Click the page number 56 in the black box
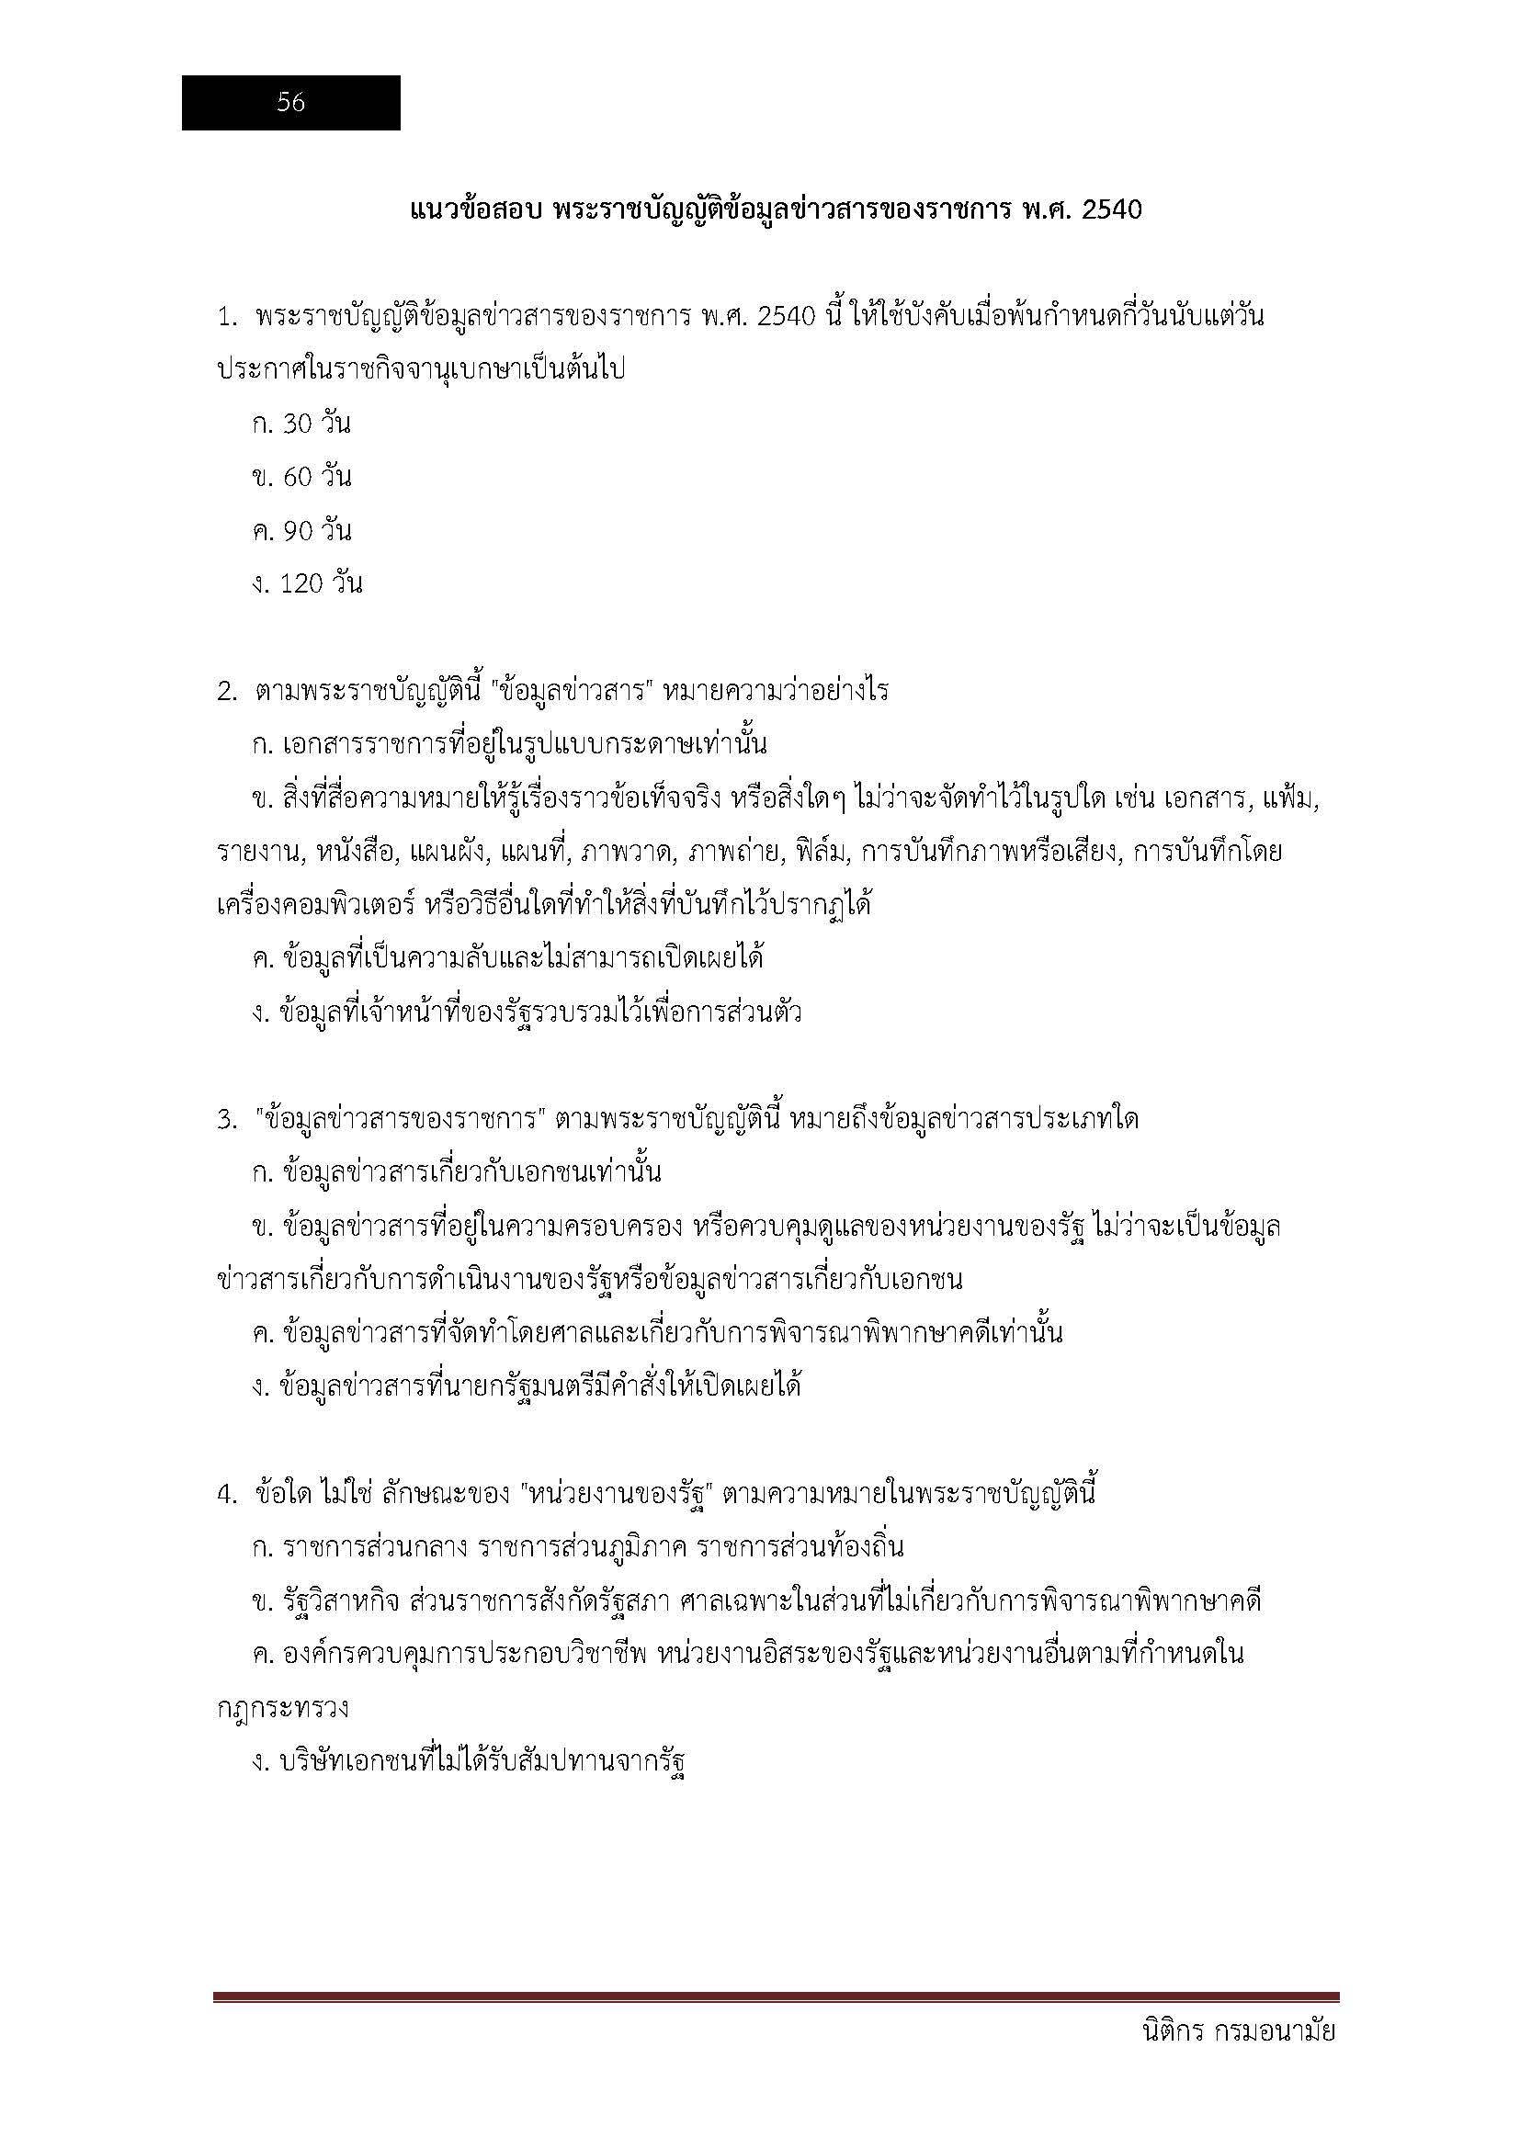coord(291,103)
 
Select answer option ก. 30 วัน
coord(301,424)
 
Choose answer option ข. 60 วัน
coord(301,478)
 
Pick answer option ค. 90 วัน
coord(301,531)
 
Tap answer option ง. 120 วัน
coord(307,584)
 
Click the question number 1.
coord(224,317)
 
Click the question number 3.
coord(224,1120)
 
